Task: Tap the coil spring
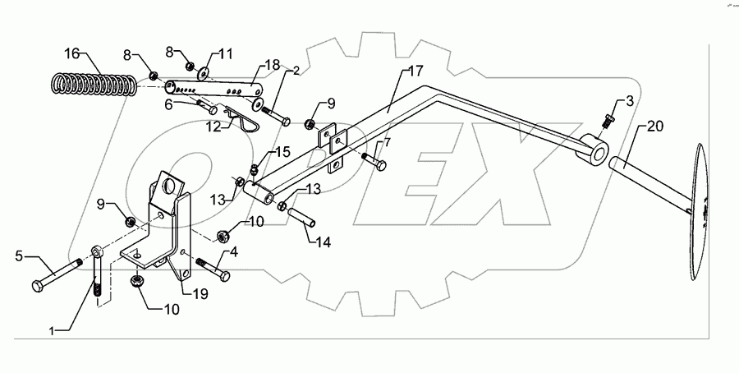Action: point(94,84)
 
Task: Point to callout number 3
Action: point(630,101)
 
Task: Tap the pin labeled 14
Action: point(301,220)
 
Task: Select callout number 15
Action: point(282,153)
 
